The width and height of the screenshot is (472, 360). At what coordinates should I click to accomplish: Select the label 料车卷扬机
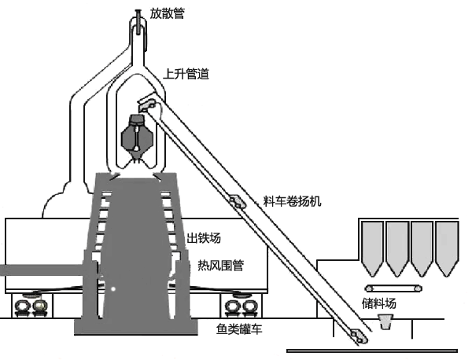click(x=291, y=202)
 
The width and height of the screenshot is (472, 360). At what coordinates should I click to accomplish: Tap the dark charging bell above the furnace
click(x=137, y=135)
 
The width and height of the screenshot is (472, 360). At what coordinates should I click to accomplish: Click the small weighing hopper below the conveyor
click(x=386, y=321)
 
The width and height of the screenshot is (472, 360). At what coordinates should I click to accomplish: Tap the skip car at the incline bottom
click(x=358, y=336)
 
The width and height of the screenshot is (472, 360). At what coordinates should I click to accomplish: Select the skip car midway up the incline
click(x=236, y=202)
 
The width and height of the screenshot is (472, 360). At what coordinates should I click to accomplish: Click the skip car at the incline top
click(x=146, y=102)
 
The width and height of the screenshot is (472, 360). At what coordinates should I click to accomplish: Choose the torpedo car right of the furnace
click(x=238, y=304)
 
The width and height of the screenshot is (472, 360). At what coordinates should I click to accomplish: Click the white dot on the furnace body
click(x=112, y=288)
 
